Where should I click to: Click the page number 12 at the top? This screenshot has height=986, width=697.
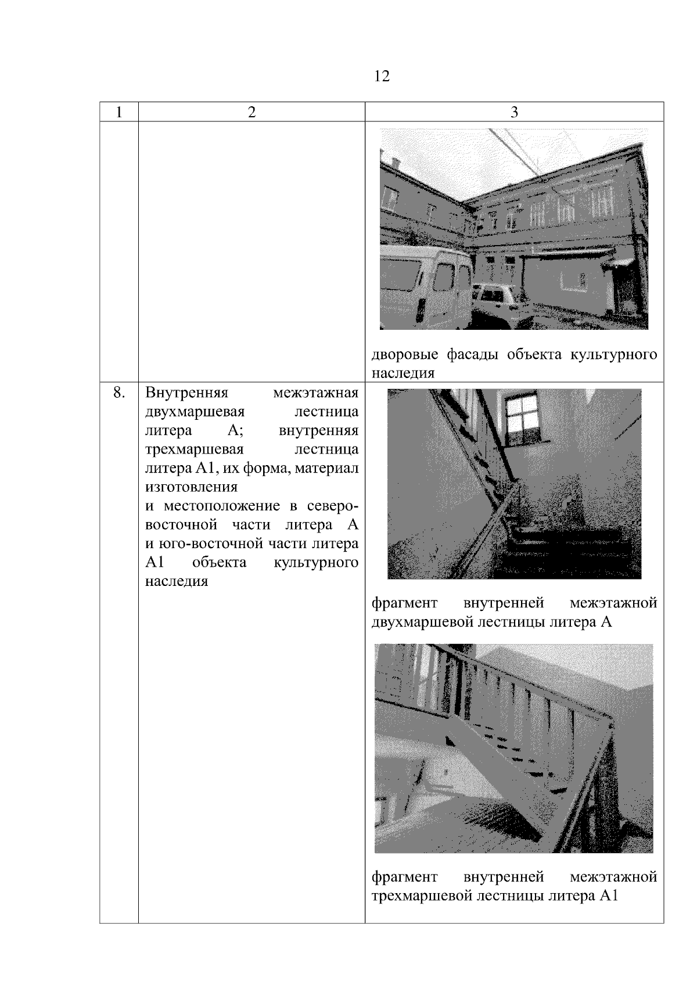click(x=382, y=76)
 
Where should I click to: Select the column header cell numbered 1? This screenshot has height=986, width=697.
click(x=118, y=112)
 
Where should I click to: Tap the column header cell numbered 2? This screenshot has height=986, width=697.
click(x=251, y=112)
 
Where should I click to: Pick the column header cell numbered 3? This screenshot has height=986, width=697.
click(x=513, y=112)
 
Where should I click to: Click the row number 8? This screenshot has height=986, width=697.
click(x=118, y=393)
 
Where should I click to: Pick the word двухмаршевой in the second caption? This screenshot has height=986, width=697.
click(x=421, y=622)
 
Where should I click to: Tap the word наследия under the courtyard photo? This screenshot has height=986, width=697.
click(x=403, y=373)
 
